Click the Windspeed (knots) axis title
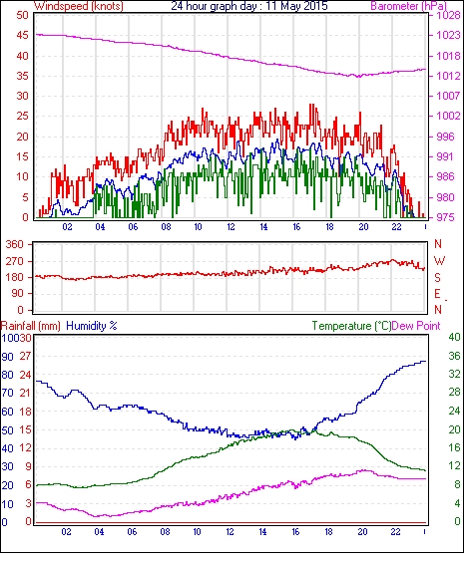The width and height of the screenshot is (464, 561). point(79,6)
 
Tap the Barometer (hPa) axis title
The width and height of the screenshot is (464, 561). point(409,6)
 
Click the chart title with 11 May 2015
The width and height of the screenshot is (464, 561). point(249,6)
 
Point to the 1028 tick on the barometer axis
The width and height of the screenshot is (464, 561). point(448,15)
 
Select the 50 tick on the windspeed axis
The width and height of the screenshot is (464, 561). point(22,15)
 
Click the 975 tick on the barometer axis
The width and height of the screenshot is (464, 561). point(445,217)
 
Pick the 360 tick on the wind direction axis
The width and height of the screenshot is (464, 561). point(15,245)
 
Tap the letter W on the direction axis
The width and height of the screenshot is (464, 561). point(439,261)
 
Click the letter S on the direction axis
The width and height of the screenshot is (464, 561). point(437,278)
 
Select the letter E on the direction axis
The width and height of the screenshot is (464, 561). point(437,294)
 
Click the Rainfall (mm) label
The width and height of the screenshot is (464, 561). point(31,326)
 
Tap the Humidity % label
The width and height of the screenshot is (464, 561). point(92,326)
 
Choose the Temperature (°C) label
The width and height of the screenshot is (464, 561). point(351,326)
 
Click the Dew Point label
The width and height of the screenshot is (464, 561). point(416,326)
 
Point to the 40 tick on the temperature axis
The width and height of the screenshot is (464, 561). point(454,337)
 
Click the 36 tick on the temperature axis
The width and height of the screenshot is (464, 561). point(454,356)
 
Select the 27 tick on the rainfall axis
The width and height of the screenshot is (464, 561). point(25,357)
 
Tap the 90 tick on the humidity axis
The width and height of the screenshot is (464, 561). point(8,357)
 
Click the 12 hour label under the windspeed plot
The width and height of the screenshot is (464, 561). point(232,227)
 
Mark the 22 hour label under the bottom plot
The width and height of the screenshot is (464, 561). point(395,532)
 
